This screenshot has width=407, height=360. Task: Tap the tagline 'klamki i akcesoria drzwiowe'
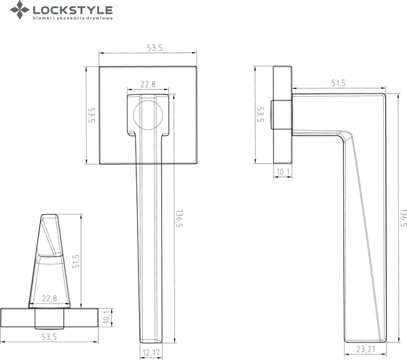(73, 20)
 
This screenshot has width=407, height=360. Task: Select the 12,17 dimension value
(153, 351)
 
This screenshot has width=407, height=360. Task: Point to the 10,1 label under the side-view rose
(284, 172)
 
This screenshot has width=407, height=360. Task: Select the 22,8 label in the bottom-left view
(49, 299)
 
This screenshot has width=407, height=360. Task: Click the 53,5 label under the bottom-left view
(47, 336)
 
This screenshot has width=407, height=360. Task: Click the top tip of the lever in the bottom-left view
(50, 216)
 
